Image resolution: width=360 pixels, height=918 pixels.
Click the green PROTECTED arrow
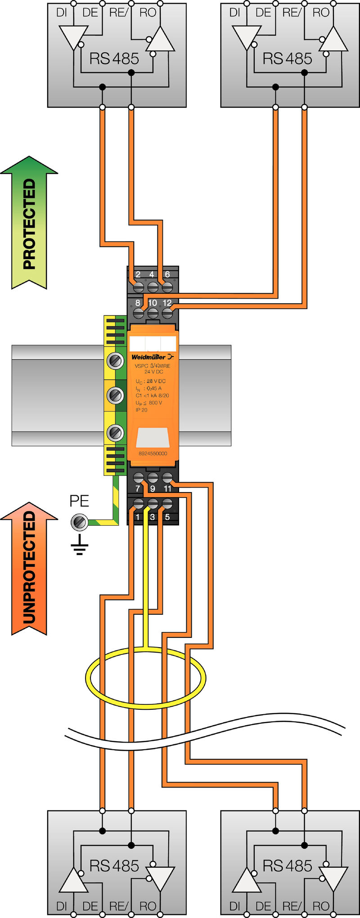pyautogui.click(x=29, y=223)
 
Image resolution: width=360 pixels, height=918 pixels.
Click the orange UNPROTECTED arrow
pyautogui.click(x=29, y=569)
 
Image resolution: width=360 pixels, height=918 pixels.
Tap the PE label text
pyautogui.click(x=79, y=501)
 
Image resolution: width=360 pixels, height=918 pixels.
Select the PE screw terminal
pyautogui.click(x=79, y=522)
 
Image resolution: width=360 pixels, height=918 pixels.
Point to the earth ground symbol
pyautogui.click(x=79, y=545)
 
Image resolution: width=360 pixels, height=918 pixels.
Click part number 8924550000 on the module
pyautogui.click(x=153, y=453)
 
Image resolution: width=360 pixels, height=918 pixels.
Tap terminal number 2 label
pyautogui.click(x=138, y=274)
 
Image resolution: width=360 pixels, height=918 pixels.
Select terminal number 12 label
pyautogui.click(x=167, y=303)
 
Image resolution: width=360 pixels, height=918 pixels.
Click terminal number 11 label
pyautogui.click(x=167, y=488)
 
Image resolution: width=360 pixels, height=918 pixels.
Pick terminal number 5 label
pyautogui.click(x=167, y=517)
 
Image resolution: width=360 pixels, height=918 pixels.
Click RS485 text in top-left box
pyautogui.click(x=114, y=58)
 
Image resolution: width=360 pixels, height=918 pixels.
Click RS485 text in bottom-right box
pyautogui.click(x=287, y=866)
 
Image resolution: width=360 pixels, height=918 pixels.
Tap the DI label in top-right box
pyautogui.click(x=235, y=13)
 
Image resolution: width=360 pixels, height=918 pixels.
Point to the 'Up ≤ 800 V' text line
pyautogui.click(x=148, y=403)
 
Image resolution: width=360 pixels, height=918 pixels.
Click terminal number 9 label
pyautogui.click(x=153, y=488)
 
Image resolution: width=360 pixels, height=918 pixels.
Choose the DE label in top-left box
pyautogui.click(x=90, y=13)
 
